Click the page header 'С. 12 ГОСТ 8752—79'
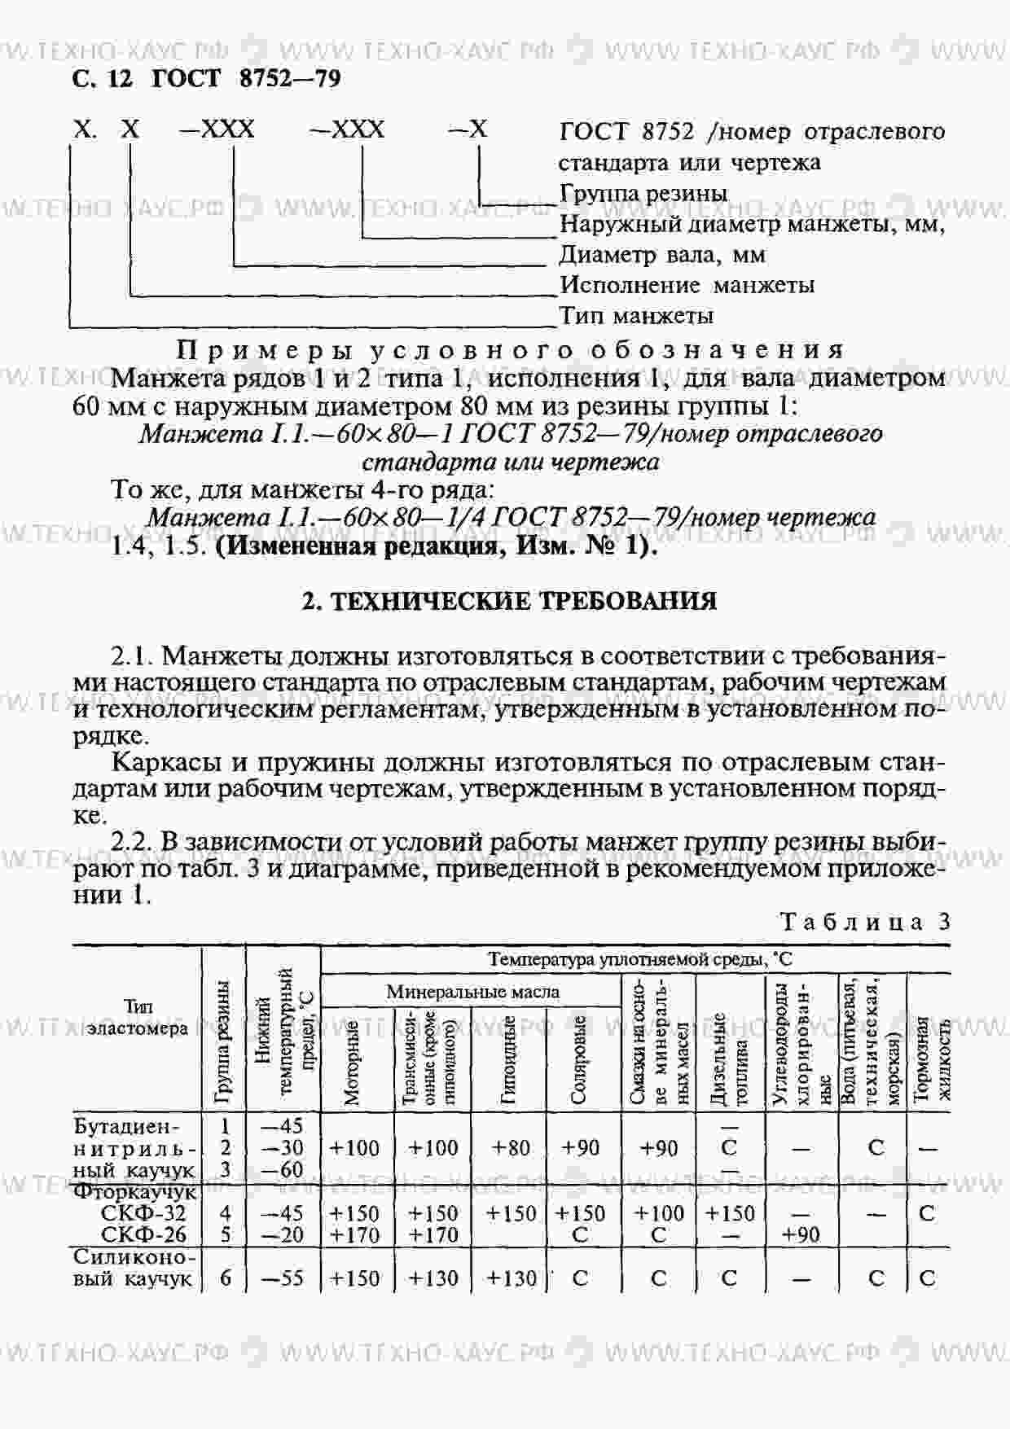click(x=206, y=78)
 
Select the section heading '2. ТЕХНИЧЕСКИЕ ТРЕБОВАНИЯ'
click(x=509, y=601)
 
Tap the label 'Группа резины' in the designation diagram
click(x=643, y=194)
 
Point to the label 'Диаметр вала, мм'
click(x=662, y=255)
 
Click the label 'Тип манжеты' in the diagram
click(x=636, y=315)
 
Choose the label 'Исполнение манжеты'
click(x=687, y=285)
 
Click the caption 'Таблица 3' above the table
click(x=865, y=922)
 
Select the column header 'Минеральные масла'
click(x=472, y=992)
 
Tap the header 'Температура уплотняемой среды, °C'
click(x=635, y=959)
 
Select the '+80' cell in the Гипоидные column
click(x=512, y=1148)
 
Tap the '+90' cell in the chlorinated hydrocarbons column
click(x=801, y=1235)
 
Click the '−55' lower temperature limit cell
click(x=283, y=1278)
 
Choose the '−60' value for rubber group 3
click(x=283, y=1170)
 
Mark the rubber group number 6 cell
click(x=226, y=1278)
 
